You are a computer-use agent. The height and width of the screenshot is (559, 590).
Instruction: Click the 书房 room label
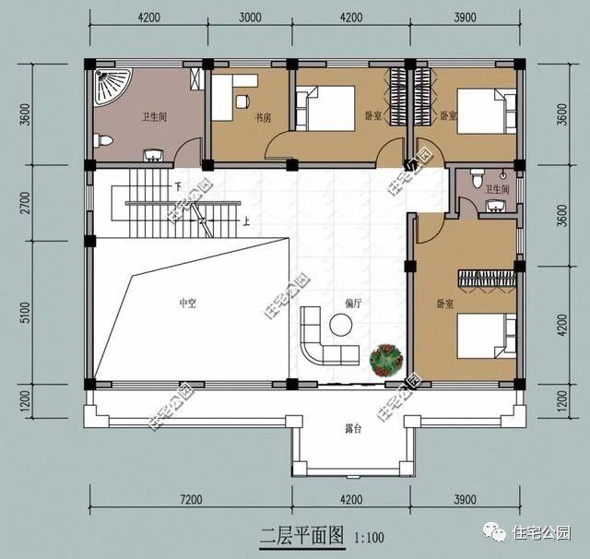pyautogui.click(x=262, y=117)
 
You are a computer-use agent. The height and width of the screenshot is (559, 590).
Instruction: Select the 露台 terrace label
pyautogui.click(x=352, y=427)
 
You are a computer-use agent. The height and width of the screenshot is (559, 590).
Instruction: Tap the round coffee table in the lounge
pyautogui.click(x=342, y=324)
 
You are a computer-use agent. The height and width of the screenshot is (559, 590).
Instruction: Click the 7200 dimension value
pyautogui.click(x=191, y=499)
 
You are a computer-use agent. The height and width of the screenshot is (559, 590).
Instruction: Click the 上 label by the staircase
pyautogui.click(x=246, y=221)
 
